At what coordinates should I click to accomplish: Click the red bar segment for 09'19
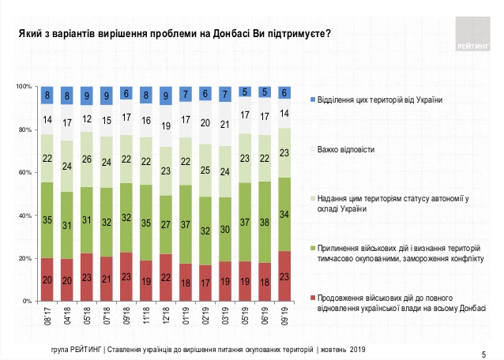[x=284, y=276]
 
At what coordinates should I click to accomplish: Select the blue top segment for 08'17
[x=47, y=95]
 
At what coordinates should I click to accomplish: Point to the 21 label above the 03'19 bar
[x=225, y=123]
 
